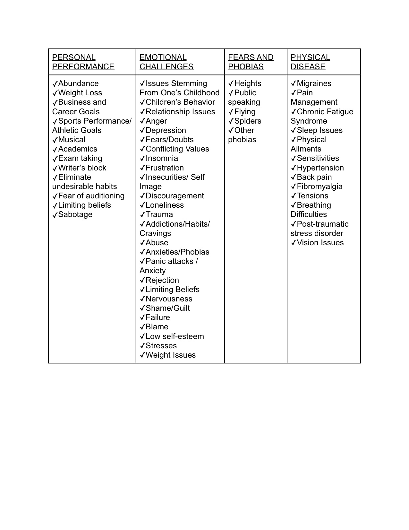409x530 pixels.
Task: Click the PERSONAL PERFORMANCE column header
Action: (x=83, y=62)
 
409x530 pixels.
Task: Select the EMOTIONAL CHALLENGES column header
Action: (x=166, y=62)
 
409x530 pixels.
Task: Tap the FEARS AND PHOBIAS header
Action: (x=251, y=62)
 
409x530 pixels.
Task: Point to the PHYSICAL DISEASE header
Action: (x=310, y=62)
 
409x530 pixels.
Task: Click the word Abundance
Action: (x=78, y=83)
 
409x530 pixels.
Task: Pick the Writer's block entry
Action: (x=82, y=168)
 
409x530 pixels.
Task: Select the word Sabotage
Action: (x=75, y=214)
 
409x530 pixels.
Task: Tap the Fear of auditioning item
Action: (x=91, y=196)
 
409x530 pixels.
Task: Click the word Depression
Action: (x=166, y=130)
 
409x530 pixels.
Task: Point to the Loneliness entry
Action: (x=165, y=205)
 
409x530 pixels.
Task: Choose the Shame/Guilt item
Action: (x=167, y=308)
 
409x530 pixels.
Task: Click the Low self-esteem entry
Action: (x=175, y=336)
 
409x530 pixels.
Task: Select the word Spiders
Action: (x=248, y=121)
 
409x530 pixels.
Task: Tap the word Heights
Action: (x=248, y=83)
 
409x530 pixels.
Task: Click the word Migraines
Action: (x=314, y=83)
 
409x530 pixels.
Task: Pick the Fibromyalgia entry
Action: (x=320, y=187)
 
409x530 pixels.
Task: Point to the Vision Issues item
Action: (x=320, y=243)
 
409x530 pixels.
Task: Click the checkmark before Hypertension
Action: (x=293, y=168)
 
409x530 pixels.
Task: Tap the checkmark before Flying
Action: (x=231, y=112)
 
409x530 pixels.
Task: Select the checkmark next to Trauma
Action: (x=142, y=215)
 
